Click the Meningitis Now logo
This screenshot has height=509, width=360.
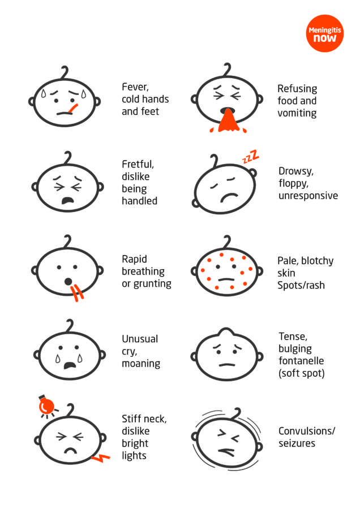(324, 33)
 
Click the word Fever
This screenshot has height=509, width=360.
(135, 87)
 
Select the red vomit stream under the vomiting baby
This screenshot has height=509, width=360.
(228, 120)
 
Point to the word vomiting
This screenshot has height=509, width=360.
(297, 113)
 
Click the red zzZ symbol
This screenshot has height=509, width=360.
(251, 156)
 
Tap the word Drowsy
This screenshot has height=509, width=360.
(296, 171)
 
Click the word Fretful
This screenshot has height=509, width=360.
(138, 164)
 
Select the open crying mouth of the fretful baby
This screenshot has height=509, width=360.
(67, 201)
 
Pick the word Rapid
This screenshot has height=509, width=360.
(134, 259)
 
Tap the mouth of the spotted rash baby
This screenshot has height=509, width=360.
(226, 279)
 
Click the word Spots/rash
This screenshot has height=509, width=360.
(301, 286)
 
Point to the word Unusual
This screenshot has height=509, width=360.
(140, 339)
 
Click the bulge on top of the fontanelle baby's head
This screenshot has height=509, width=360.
(227, 333)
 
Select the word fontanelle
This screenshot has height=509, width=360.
(301, 361)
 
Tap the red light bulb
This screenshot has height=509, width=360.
(46, 406)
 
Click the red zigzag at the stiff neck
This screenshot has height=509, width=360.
(100, 458)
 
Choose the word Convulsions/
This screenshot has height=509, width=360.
(307, 431)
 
